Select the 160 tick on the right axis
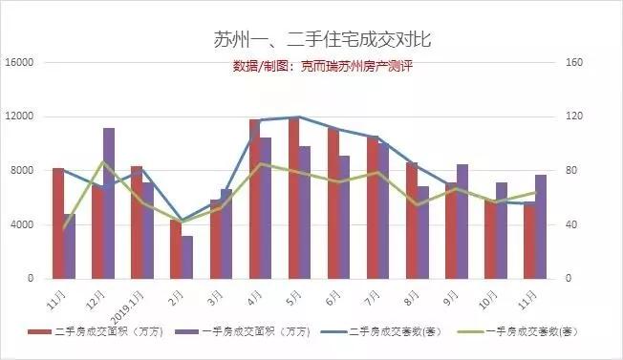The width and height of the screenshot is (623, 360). [x=573, y=63]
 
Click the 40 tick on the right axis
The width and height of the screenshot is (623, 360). [x=571, y=224]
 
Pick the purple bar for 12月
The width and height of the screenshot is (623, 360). [x=109, y=202]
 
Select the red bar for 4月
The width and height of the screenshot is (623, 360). [x=255, y=199]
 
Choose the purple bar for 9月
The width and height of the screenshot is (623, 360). [x=463, y=221]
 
